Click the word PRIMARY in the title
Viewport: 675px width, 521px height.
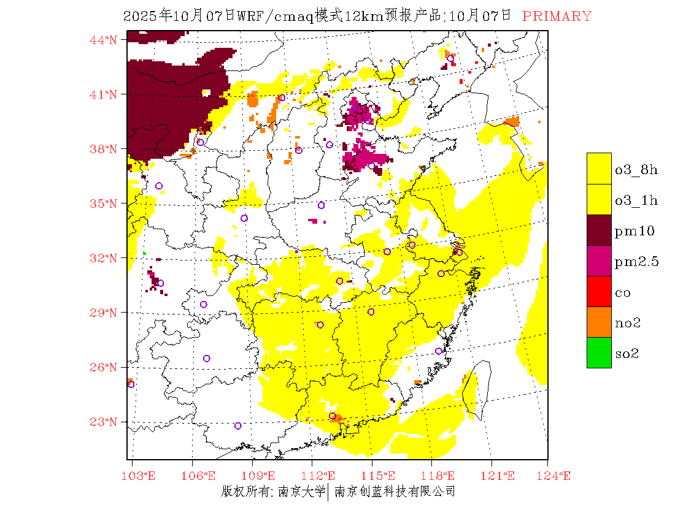[557, 17]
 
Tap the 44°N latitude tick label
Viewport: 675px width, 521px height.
[103, 40]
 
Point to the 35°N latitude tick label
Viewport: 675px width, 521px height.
[103, 203]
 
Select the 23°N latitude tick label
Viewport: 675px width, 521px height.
[103, 422]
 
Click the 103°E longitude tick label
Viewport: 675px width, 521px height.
[139, 476]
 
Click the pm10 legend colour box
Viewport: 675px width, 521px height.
[599, 230]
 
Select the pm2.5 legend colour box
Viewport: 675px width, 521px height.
[599, 260]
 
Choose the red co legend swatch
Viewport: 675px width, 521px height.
[599, 291]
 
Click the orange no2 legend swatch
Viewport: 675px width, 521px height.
[599, 322]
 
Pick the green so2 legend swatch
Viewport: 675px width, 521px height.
[599, 352]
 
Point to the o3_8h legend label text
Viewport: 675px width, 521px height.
[636, 170]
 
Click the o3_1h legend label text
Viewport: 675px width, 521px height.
[636, 200]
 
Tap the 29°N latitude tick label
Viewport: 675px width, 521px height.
[103, 313]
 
